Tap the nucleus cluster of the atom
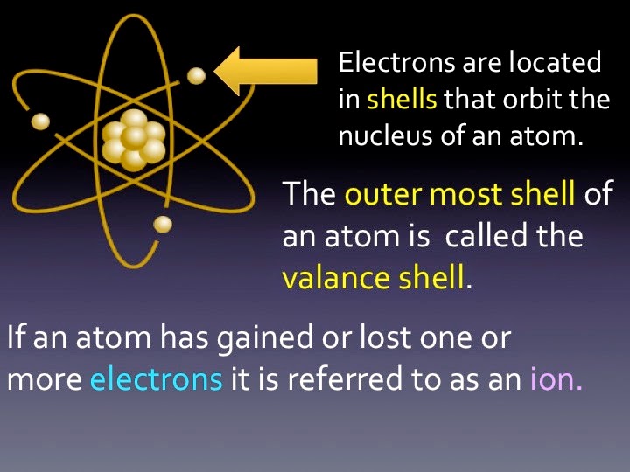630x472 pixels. pos(133,140)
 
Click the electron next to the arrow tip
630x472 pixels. pos(197,76)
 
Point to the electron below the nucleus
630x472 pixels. pos(163,225)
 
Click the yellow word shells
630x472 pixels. pos(402,99)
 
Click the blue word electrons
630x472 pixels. pos(156,381)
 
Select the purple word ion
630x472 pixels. pos(556,381)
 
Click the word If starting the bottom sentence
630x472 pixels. pos(14,338)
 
